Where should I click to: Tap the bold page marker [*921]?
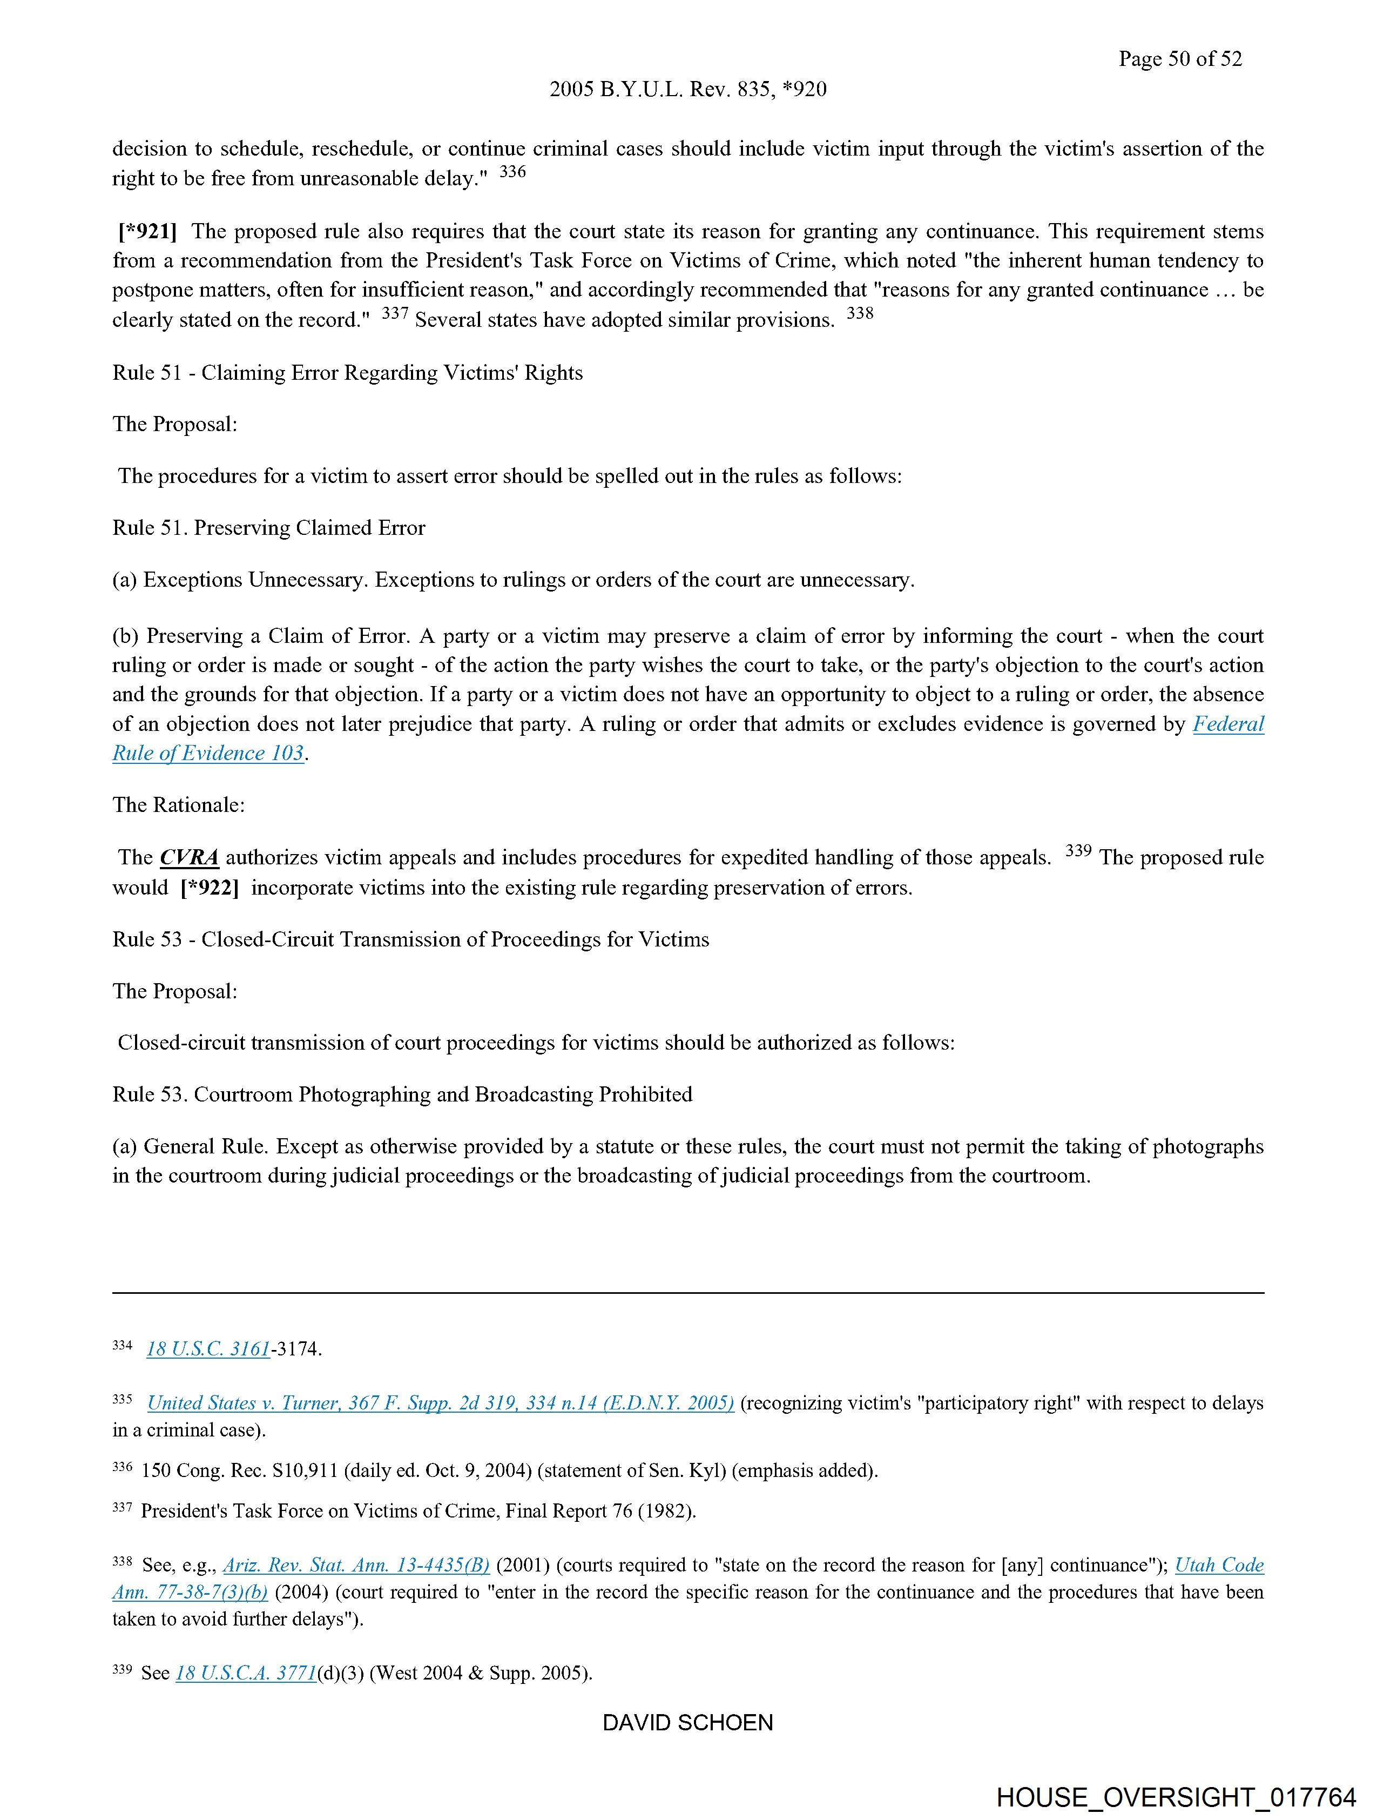[x=147, y=231]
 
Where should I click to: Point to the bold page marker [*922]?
[x=210, y=887]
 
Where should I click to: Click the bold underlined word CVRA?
[x=189, y=857]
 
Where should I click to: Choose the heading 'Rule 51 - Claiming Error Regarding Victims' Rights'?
[x=347, y=373]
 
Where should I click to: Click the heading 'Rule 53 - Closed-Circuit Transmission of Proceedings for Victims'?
[x=410, y=939]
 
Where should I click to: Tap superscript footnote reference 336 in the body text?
[x=512, y=172]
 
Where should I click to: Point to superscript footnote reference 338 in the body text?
[x=860, y=313]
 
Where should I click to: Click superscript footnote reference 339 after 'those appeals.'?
[x=1078, y=851]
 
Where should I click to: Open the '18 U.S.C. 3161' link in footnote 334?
[x=208, y=1348]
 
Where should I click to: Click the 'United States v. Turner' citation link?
[x=440, y=1403]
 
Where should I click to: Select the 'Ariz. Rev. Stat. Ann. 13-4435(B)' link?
[x=356, y=1565]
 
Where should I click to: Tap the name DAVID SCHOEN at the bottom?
[x=687, y=1723]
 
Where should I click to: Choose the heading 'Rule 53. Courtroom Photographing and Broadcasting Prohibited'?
[x=402, y=1094]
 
